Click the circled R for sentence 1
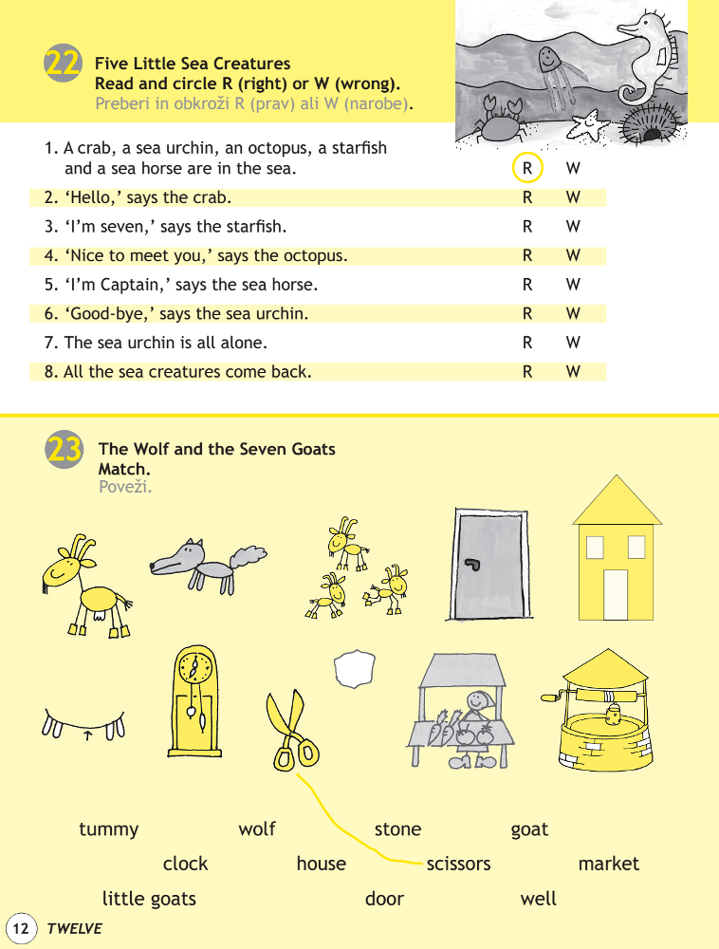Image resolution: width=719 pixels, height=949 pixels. pos(526,169)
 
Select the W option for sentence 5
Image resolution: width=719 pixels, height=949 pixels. pos(572,285)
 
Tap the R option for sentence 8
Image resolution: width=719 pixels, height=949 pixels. pos(527,372)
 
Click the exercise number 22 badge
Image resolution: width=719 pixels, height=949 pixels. pos(63,64)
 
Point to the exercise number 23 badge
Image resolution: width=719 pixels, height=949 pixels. pos(64,449)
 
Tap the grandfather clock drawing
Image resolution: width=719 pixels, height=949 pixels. pos(195,702)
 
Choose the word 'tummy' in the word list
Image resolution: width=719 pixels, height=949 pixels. pos(108,829)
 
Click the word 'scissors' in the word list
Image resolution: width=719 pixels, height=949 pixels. pos(458,864)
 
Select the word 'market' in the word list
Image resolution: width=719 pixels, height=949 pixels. pos(608,864)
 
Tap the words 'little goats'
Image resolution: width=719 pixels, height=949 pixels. pos(149,899)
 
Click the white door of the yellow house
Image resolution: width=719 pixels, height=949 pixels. pos(616,594)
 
